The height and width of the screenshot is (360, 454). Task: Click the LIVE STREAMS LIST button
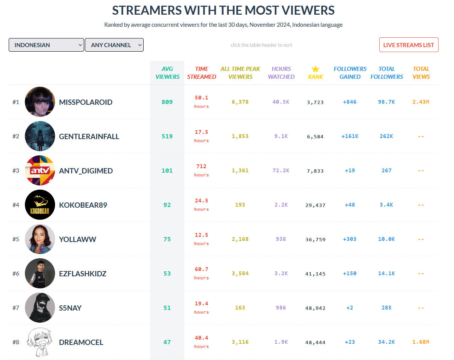(x=409, y=45)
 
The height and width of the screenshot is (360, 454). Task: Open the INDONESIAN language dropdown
(x=46, y=45)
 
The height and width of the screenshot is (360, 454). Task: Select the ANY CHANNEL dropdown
(x=114, y=45)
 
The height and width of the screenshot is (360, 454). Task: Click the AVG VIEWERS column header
(x=167, y=73)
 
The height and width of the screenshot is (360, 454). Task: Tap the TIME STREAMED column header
(x=202, y=73)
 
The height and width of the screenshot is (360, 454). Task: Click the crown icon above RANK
(x=316, y=69)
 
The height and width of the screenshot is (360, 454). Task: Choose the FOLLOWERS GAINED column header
(x=350, y=73)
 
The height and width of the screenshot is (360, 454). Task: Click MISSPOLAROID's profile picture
(x=40, y=102)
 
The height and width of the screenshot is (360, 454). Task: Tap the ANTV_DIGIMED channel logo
(x=40, y=170)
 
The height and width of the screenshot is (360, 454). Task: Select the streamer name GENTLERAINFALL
(x=89, y=136)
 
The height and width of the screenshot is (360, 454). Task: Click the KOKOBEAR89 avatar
(x=40, y=205)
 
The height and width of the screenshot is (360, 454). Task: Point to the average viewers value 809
(x=167, y=102)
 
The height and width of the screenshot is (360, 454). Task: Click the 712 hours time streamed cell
(x=201, y=170)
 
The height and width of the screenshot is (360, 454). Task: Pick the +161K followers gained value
(x=350, y=136)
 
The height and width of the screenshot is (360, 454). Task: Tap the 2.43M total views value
(x=421, y=102)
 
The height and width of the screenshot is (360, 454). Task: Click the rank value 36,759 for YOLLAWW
(x=316, y=239)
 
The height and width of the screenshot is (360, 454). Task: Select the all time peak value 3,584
(x=240, y=273)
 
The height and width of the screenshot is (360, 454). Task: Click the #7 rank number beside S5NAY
(x=16, y=308)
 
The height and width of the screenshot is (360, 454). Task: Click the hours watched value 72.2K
(x=281, y=170)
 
